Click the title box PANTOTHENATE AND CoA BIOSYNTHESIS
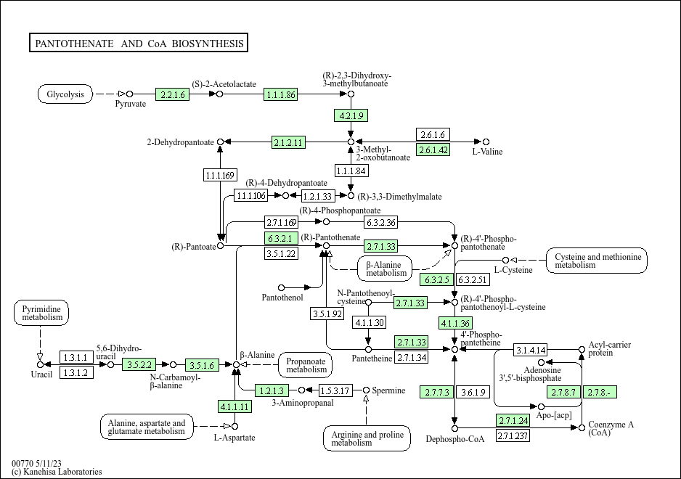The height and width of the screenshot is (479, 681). [x=139, y=43]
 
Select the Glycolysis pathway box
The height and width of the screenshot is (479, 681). [x=65, y=94]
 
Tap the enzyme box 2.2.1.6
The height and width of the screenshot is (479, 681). [x=172, y=94]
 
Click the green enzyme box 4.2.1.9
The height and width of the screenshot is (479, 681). [x=351, y=115]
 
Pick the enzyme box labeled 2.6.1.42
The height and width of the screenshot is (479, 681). [x=433, y=150]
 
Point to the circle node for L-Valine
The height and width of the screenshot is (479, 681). [x=486, y=142]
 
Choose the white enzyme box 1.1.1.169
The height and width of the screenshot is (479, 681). [x=220, y=175]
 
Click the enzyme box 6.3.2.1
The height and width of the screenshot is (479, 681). [x=281, y=239]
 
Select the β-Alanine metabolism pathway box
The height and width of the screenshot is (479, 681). [x=384, y=269]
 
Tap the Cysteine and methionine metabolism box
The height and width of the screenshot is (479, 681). [x=596, y=261]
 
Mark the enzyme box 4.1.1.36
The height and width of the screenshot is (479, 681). [x=455, y=323]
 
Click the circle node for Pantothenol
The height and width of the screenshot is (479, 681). [x=282, y=287]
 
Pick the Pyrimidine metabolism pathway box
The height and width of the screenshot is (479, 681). [x=41, y=313]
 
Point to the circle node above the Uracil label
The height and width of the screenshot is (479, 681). [x=40, y=365]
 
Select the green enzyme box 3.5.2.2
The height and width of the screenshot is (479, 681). [x=139, y=365]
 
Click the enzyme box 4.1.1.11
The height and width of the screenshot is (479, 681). [x=235, y=406]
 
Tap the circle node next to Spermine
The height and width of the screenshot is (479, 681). [x=366, y=390]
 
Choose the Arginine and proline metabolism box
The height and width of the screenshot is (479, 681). [x=367, y=438]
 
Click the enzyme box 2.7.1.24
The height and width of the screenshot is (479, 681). [x=513, y=420]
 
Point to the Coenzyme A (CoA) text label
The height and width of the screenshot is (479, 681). [x=611, y=428]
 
